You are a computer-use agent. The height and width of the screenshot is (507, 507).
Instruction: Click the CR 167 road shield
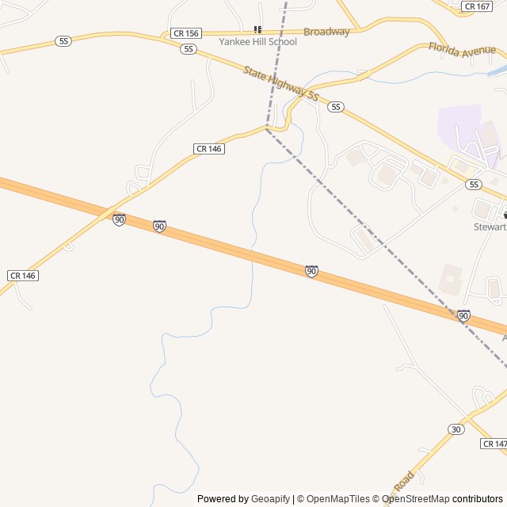477,6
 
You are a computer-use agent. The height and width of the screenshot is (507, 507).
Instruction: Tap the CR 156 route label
186,34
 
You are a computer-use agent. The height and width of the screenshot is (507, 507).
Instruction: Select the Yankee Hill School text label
258,42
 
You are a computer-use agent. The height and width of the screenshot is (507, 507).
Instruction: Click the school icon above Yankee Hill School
257,29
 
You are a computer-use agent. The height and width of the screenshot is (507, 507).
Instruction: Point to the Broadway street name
326,32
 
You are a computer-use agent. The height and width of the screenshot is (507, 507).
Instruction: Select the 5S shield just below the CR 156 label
188,49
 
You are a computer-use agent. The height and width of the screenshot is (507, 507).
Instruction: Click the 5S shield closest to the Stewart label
474,185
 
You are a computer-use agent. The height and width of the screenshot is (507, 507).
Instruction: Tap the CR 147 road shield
493,444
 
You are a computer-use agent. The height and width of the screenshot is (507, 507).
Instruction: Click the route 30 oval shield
456,429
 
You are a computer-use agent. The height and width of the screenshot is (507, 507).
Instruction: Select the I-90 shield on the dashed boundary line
463,315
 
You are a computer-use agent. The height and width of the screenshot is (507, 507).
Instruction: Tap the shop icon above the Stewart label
504,215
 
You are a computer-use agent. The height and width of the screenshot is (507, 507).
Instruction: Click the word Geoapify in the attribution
270,499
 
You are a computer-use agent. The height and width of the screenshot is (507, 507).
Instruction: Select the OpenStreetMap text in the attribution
415,499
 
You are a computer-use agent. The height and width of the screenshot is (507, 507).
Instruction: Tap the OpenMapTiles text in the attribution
337,499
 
